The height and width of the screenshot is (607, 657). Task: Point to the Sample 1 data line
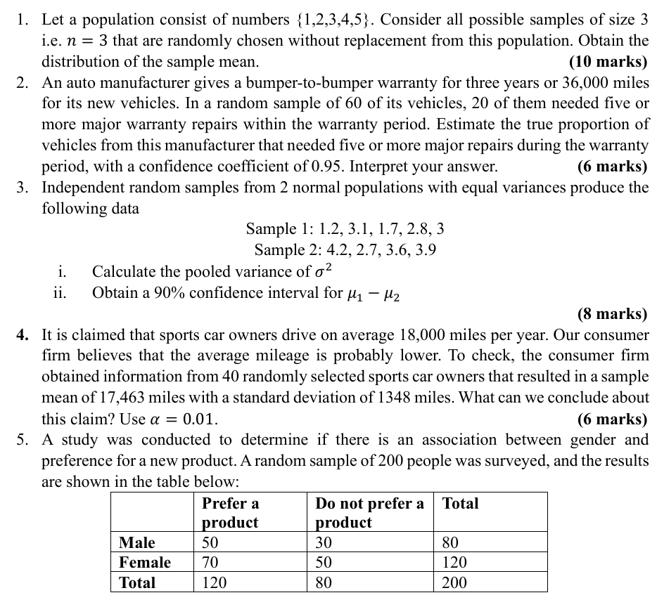point(345,229)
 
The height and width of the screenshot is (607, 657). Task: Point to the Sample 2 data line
point(345,250)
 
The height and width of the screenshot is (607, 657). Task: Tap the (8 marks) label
point(612,314)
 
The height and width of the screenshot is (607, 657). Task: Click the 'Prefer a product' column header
point(230,513)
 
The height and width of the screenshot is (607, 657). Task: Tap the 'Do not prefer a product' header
point(369,513)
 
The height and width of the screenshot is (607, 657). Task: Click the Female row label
point(145,562)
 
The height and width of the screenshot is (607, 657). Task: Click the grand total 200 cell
point(454,582)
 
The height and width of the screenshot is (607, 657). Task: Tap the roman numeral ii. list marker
point(60,292)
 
